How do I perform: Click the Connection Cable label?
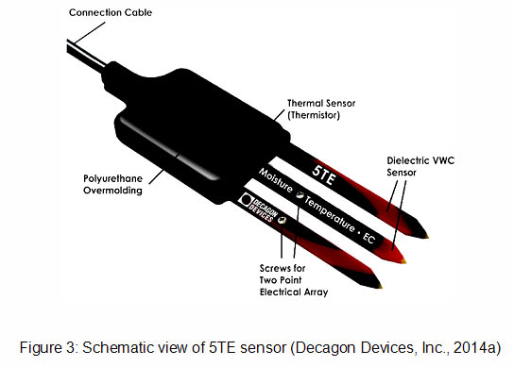[x=111, y=12]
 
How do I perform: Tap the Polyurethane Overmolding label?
[x=112, y=184]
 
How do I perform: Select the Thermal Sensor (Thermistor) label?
[x=321, y=109]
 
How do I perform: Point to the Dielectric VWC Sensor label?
[x=420, y=166]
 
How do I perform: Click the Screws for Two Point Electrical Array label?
[x=294, y=280]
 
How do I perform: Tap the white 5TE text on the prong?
[x=324, y=175]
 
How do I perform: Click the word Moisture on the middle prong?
[x=276, y=180]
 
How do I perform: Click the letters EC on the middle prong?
[x=368, y=238]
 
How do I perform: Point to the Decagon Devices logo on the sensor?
[x=258, y=208]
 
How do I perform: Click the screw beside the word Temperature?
[x=300, y=195]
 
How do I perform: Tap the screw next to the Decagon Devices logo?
[x=282, y=220]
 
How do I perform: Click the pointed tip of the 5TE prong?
[x=428, y=237]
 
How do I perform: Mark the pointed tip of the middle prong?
[x=405, y=261]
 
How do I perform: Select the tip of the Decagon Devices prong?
[x=381, y=287]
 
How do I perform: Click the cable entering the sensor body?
[x=86, y=56]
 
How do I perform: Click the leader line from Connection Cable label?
[x=90, y=33]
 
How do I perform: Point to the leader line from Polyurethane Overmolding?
[x=156, y=176]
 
